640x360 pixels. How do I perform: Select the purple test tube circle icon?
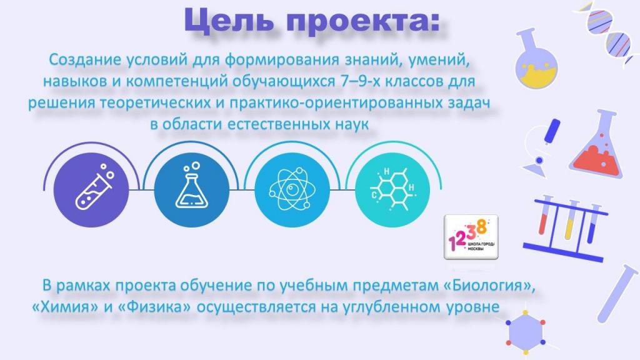pyautogui.click(x=91, y=190)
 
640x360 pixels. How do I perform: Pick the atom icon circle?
pyautogui.click(x=292, y=190)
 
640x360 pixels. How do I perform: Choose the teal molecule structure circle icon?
pyautogui.click(x=392, y=190)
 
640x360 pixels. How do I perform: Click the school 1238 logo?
pyautogui.click(x=471, y=237)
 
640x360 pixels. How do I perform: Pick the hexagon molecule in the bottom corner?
pyautogui.click(x=526, y=332)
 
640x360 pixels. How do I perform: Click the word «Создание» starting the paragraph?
pyautogui.click(x=85, y=59)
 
